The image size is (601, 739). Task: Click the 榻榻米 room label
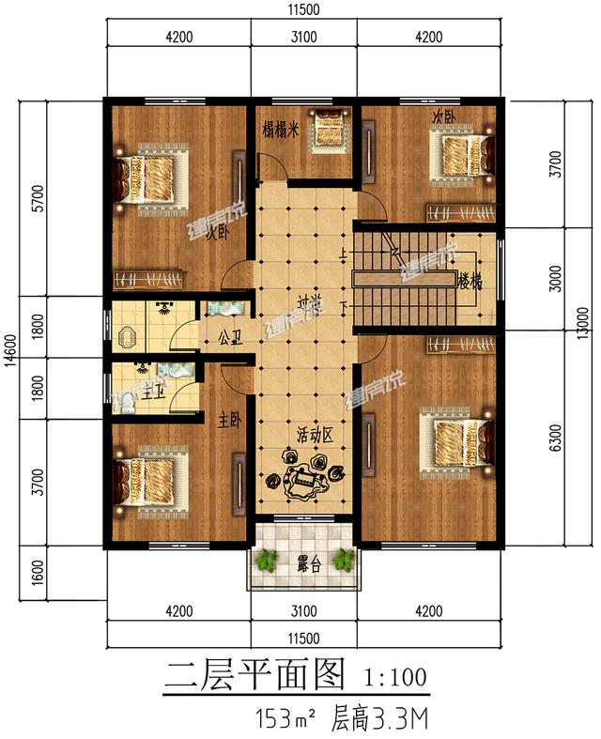coord(279,132)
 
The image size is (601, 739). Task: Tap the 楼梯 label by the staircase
coord(470,280)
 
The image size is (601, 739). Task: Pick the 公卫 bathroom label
coord(230,334)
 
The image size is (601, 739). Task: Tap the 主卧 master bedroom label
coord(230,423)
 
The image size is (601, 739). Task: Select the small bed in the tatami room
coord(329,129)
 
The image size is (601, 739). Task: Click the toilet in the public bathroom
coord(129,333)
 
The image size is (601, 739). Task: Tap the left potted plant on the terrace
coord(269,562)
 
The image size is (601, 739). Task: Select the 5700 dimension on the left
coord(37,197)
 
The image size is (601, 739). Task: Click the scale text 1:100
coord(394,675)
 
